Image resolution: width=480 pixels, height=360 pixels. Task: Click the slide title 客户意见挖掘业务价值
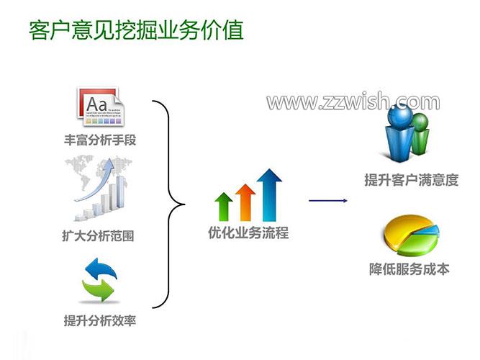[x=136, y=30]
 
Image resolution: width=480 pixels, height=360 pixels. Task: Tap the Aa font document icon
[x=101, y=107]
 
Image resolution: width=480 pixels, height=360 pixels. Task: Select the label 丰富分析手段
[x=100, y=140]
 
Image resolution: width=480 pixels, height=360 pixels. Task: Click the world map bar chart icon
[x=99, y=188]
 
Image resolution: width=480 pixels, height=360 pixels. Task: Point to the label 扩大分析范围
[x=98, y=236]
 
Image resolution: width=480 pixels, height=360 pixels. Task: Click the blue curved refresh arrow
[x=101, y=269]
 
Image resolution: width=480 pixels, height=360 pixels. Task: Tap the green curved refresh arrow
[x=98, y=289]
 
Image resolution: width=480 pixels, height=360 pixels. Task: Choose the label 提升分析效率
[x=100, y=321]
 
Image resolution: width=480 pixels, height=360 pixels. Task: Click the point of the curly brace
[x=184, y=204]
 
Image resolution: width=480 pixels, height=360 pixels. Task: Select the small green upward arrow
[x=224, y=207]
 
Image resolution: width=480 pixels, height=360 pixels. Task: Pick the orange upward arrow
[x=245, y=202]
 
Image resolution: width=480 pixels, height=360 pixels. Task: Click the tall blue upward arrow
[x=269, y=195]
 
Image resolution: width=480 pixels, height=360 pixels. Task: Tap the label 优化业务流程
[x=248, y=233]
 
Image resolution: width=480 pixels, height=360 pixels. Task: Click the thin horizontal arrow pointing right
[x=328, y=201]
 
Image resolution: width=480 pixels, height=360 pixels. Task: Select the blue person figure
[x=399, y=132]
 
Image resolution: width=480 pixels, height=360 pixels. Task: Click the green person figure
[x=420, y=133]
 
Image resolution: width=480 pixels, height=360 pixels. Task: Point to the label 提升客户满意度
[x=411, y=180]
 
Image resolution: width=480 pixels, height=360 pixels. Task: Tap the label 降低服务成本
[x=409, y=269]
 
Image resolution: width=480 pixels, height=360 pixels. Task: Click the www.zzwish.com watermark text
[x=353, y=102]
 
